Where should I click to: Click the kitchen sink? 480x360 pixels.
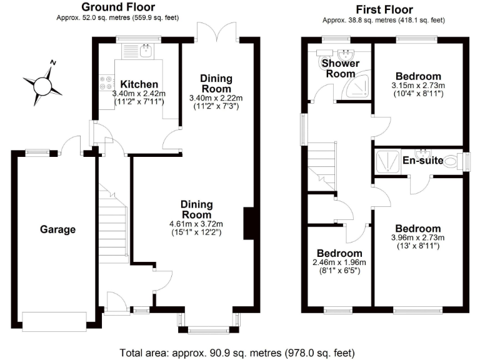coord(146,51)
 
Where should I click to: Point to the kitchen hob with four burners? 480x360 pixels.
coord(104,83)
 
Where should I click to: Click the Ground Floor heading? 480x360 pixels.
coord(118,8)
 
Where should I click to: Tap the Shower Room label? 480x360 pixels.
coord(340,68)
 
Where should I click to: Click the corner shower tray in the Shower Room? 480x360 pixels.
coord(357,88)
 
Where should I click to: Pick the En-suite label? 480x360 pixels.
coord(422,161)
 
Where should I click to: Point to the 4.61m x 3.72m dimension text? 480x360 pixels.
coord(197,224)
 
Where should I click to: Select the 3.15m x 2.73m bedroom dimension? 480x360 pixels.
coord(417,86)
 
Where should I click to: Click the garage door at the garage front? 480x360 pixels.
coord(54,321)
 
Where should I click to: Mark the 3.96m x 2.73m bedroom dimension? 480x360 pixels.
coord(417,237)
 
